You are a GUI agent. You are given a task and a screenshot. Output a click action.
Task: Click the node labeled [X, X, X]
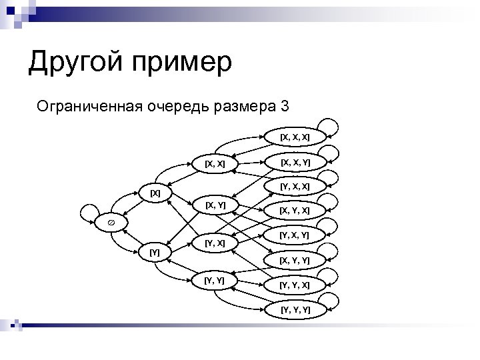[x=295, y=137]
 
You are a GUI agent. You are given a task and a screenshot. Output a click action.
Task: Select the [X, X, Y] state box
[x=295, y=162]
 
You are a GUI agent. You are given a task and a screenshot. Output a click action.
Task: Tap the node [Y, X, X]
[x=295, y=186]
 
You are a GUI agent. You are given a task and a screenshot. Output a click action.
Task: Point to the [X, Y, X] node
[x=295, y=211]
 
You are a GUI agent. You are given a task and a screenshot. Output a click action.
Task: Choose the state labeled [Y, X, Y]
[x=295, y=235]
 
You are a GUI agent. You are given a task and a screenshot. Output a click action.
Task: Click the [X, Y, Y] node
[x=295, y=260]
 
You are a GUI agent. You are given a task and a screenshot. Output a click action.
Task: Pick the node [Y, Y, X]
[x=295, y=285]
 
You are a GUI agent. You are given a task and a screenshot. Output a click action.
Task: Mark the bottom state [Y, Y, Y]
[x=295, y=309]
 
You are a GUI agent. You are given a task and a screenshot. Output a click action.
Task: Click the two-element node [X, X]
[x=215, y=163]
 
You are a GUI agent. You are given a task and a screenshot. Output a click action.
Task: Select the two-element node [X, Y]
[x=215, y=204]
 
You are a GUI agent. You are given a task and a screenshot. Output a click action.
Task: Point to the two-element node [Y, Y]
[x=215, y=280]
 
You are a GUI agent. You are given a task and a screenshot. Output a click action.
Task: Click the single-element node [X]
[x=155, y=193]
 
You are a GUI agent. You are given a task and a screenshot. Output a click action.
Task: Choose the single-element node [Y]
[x=155, y=252]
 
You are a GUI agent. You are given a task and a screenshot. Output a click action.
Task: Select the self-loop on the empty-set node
[x=88, y=212]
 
